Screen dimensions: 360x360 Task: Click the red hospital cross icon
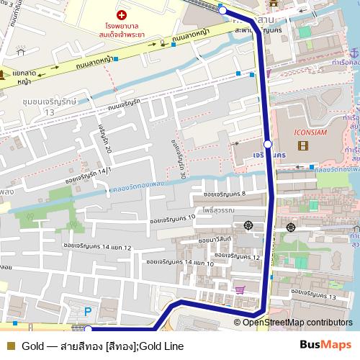click(121, 14)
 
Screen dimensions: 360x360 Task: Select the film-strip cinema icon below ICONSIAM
click(302, 147)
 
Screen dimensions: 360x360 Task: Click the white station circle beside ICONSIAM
click(267, 144)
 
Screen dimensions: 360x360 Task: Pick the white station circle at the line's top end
click(222, 9)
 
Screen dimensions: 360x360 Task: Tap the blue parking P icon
click(88, 312)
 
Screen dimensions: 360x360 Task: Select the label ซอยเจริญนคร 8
click(224, 194)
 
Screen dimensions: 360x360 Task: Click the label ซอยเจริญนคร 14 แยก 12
click(98, 247)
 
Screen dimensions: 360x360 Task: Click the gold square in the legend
click(10, 346)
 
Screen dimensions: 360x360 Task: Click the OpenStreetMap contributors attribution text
click(297, 323)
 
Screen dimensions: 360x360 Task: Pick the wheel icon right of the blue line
click(291, 227)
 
